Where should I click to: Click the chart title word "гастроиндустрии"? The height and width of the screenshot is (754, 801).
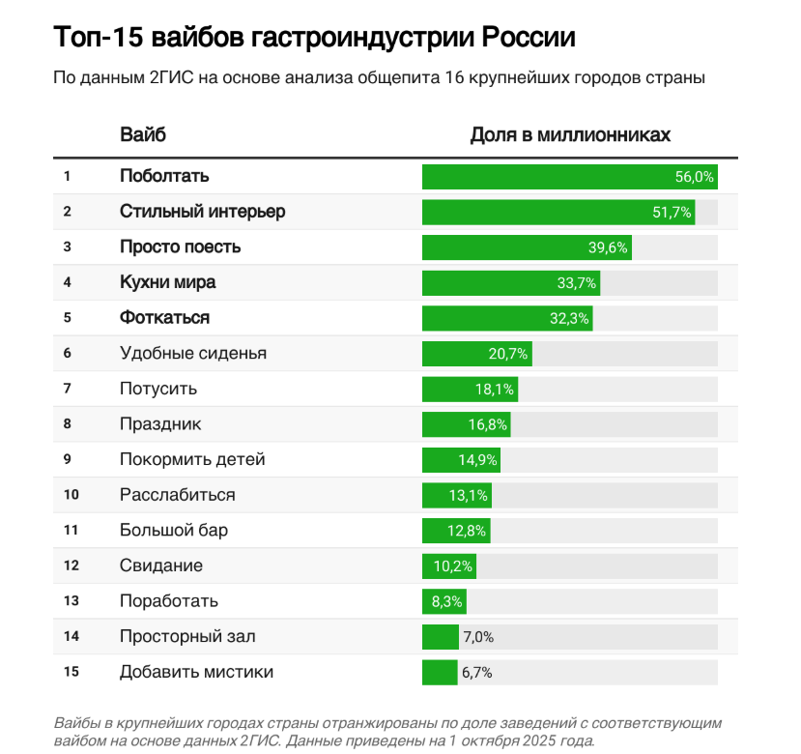[x=352, y=38]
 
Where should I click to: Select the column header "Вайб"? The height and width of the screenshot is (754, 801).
[x=143, y=134]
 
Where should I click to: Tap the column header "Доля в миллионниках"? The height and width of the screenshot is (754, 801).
[x=570, y=134]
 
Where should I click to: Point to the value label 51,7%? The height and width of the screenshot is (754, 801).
[x=672, y=213]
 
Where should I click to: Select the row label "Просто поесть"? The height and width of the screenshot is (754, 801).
[x=180, y=247]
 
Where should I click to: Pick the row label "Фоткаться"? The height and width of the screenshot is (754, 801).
[x=164, y=318]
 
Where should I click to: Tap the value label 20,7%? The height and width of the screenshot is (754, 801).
[x=508, y=354]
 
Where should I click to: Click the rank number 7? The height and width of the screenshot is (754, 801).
[x=68, y=389]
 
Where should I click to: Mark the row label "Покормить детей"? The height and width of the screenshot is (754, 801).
[x=192, y=459]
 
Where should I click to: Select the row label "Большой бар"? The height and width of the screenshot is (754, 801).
[x=174, y=530]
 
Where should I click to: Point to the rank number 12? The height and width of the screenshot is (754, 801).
[x=71, y=565]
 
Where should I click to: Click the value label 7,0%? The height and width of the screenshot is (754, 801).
[x=478, y=636]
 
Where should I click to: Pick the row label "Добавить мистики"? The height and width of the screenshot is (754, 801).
[x=196, y=672]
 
